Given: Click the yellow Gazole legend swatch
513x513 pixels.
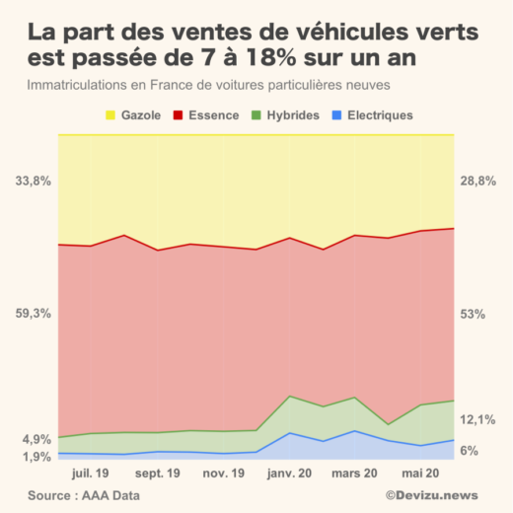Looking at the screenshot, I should click(110, 115).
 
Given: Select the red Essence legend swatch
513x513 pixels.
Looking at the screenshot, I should click(179, 115).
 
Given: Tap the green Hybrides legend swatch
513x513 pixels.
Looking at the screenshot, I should click(258, 115).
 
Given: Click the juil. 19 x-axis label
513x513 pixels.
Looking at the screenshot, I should click(91, 474).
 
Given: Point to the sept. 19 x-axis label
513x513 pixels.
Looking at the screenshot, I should click(157, 474).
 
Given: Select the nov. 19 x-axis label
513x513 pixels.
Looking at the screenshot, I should click(223, 474).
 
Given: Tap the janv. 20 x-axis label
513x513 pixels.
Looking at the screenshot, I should click(289, 474).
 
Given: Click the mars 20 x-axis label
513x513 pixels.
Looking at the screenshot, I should click(355, 474).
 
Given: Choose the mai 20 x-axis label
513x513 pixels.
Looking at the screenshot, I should click(420, 474).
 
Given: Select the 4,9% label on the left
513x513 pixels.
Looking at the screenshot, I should click(36, 439).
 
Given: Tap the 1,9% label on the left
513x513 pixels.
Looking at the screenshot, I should click(36, 457).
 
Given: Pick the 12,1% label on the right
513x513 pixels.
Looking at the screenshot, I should click(477, 420).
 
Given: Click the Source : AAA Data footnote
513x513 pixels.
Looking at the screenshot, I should click(78, 495).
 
